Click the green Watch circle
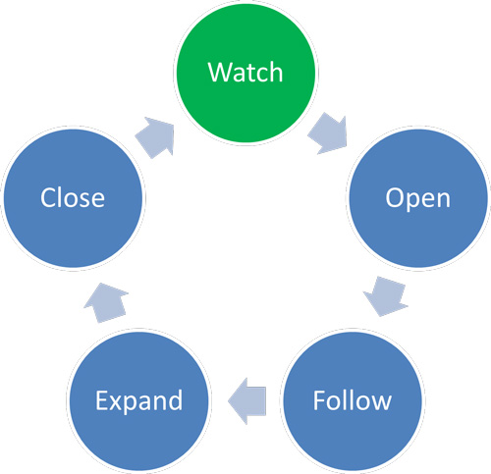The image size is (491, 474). coord(245,73)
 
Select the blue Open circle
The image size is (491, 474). coord(418,198)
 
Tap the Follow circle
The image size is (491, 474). coord(353,400)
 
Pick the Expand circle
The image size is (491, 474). coord(139,400)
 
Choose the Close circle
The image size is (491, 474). coord(74,198)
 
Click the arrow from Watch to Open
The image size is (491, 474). coord(328,133)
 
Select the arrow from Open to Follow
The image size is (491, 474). coord(386,296)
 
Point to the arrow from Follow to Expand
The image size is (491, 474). coord(247,401)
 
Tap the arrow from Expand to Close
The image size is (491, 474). coord(106,302)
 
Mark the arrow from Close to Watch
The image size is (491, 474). coord(155,137)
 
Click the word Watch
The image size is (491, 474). coord(245,72)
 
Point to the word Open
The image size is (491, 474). coord(418,198)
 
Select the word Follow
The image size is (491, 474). coord(353,400)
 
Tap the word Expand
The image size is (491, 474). coord(138,401)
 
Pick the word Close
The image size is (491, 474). coord(73,197)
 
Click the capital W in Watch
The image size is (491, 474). coord(220,73)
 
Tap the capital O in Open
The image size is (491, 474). coord(395,197)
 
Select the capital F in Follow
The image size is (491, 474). coord(319,400)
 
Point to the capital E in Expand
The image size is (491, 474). coord(101,400)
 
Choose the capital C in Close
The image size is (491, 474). coord(48,197)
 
